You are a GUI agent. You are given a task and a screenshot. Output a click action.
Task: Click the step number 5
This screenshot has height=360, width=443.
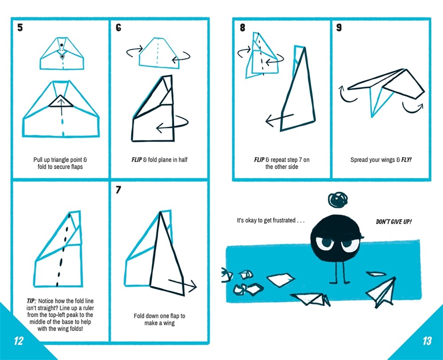point(20,28)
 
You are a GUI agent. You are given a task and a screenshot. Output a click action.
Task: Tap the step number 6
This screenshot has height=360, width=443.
point(119,28)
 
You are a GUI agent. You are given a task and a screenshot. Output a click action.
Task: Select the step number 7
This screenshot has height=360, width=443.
point(119,190)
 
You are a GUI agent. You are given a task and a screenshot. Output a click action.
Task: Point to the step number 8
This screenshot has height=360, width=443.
point(242,28)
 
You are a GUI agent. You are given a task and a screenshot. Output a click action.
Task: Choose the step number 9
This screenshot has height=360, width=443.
point(339,28)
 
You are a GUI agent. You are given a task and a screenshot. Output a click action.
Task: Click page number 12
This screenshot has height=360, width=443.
point(18,341)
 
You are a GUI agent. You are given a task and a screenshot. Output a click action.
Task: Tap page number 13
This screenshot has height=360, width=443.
point(426,341)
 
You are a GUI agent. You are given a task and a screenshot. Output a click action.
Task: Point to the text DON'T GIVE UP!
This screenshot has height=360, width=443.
point(393,221)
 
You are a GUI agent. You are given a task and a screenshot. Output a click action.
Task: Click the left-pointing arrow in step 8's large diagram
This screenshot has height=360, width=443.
point(279,119)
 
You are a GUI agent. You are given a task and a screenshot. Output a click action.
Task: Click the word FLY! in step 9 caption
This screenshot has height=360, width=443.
point(406,160)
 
